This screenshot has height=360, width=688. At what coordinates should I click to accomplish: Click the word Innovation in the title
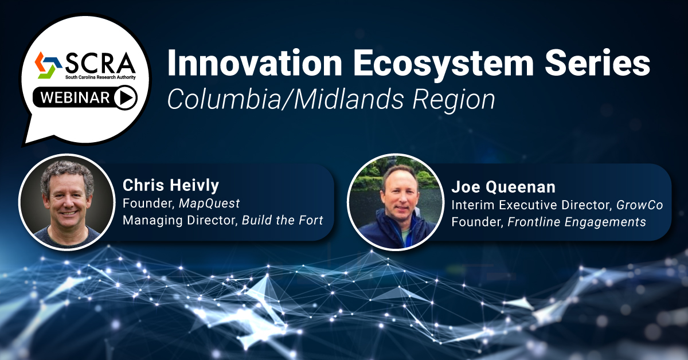click(x=255, y=62)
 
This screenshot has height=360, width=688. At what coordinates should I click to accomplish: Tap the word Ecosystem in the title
click(x=443, y=65)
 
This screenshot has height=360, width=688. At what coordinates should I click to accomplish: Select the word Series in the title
click(x=597, y=62)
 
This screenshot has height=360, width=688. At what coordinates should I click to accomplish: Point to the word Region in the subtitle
click(x=454, y=100)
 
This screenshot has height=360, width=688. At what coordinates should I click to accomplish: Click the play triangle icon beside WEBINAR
click(x=126, y=97)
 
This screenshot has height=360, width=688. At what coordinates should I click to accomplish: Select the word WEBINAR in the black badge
click(x=75, y=97)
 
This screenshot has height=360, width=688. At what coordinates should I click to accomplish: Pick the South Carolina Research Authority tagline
click(x=100, y=77)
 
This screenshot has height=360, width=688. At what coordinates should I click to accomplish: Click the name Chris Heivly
click(x=171, y=185)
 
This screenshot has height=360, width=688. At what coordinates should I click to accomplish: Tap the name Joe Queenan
click(x=503, y=187)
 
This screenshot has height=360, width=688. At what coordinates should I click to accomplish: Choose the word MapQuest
click(x=209, y=204)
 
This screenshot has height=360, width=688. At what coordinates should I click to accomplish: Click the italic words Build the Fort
click(x=283, y=220)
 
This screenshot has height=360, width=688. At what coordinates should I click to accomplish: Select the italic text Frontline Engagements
click(x=577, y=222)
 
